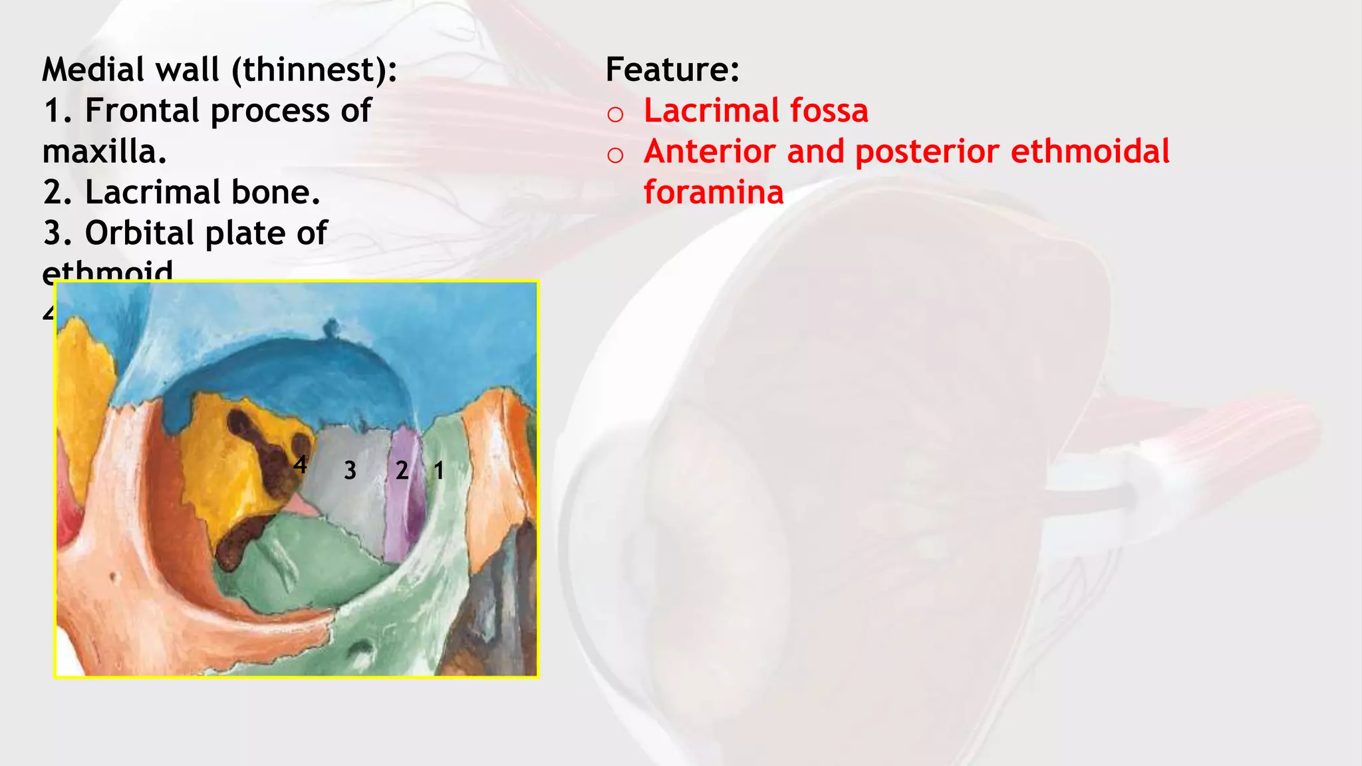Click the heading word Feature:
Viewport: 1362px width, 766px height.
[672, 70]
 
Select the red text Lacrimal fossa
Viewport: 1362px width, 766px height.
[755, 111]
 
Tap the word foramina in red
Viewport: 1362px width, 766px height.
[714, 193]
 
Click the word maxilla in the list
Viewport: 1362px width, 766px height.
[102, 152]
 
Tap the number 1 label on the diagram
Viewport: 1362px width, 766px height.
[439, 471]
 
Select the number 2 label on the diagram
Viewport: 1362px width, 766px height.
[402, 471]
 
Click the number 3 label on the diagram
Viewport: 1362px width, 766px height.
[350, 471]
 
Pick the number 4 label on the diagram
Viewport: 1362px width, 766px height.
[300, 465]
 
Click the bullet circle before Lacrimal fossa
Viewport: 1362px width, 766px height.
[615, 114]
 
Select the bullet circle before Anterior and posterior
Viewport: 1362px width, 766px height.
[615, 156]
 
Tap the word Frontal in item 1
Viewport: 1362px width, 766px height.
[142, 111]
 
